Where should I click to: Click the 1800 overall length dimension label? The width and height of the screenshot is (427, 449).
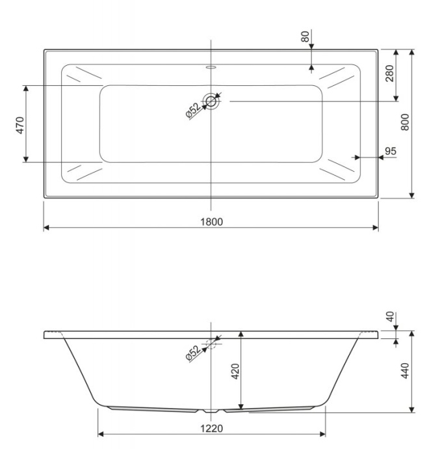(x=211, y=222)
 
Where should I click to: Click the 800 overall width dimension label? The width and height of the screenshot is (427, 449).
(x=405, y=122)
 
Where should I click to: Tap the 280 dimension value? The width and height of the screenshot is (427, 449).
(x=389, y=74)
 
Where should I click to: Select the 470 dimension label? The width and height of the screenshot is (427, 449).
(x=20, y=125)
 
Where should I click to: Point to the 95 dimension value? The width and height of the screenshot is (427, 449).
(x=391, y=151)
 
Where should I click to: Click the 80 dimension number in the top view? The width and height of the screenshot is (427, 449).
(x=305, y=36)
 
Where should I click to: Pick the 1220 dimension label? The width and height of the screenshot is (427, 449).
(x=211, y=428)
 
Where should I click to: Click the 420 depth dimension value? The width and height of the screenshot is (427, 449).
(x=235, y=372)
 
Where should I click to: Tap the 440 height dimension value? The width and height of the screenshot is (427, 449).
(x=405, y=370)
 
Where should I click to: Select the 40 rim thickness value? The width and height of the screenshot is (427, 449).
(x=390, y=317)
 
